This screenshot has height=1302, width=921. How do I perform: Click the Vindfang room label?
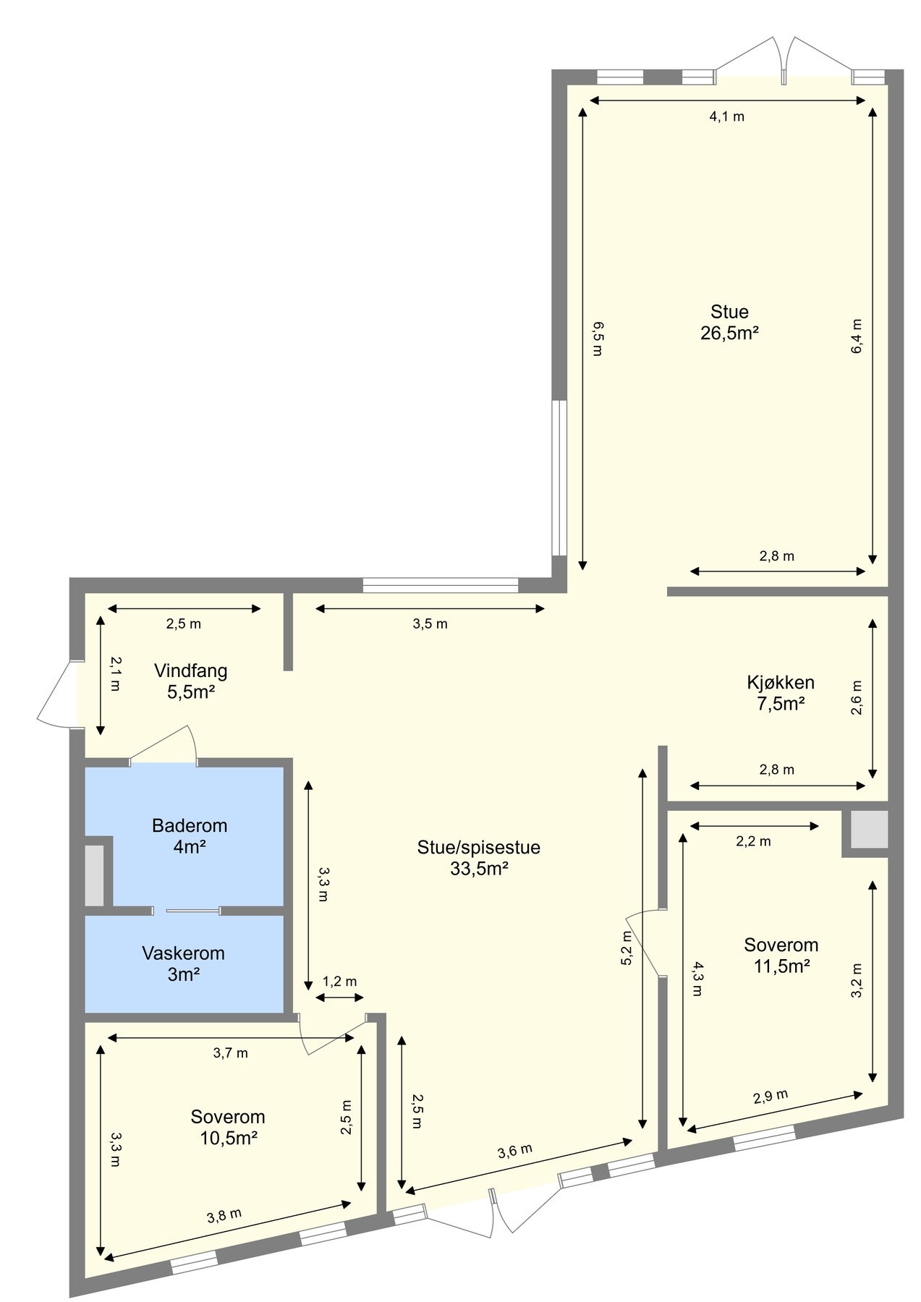[190, 681]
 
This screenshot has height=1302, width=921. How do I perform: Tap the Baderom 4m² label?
[190, 835]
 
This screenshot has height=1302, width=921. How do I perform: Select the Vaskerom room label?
[183, 963]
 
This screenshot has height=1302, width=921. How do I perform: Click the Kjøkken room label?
[781, 692]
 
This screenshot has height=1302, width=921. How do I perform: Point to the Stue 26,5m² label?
[729, 322]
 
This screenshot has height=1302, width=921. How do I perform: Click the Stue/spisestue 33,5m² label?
[478, 858]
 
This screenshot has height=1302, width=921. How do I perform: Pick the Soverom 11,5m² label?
[781, 955]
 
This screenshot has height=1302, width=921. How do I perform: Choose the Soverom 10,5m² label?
[228, 1127]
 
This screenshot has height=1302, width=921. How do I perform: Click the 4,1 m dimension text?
[726, 116]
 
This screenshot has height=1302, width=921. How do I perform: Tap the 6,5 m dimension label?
[598, 339]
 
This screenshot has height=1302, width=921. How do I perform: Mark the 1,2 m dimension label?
[339, 982]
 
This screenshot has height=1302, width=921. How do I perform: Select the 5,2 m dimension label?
[627, 948]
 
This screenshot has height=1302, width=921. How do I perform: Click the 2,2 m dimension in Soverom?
[753, 841]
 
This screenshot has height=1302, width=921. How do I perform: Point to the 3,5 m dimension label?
[430, 624]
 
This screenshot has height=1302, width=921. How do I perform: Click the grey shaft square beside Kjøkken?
[868, 830]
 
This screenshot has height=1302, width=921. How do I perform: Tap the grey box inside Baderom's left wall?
[95, 875]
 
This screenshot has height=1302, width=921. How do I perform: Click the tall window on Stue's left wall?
[559, 477]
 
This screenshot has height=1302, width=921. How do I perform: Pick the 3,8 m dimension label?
[224, 1216]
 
